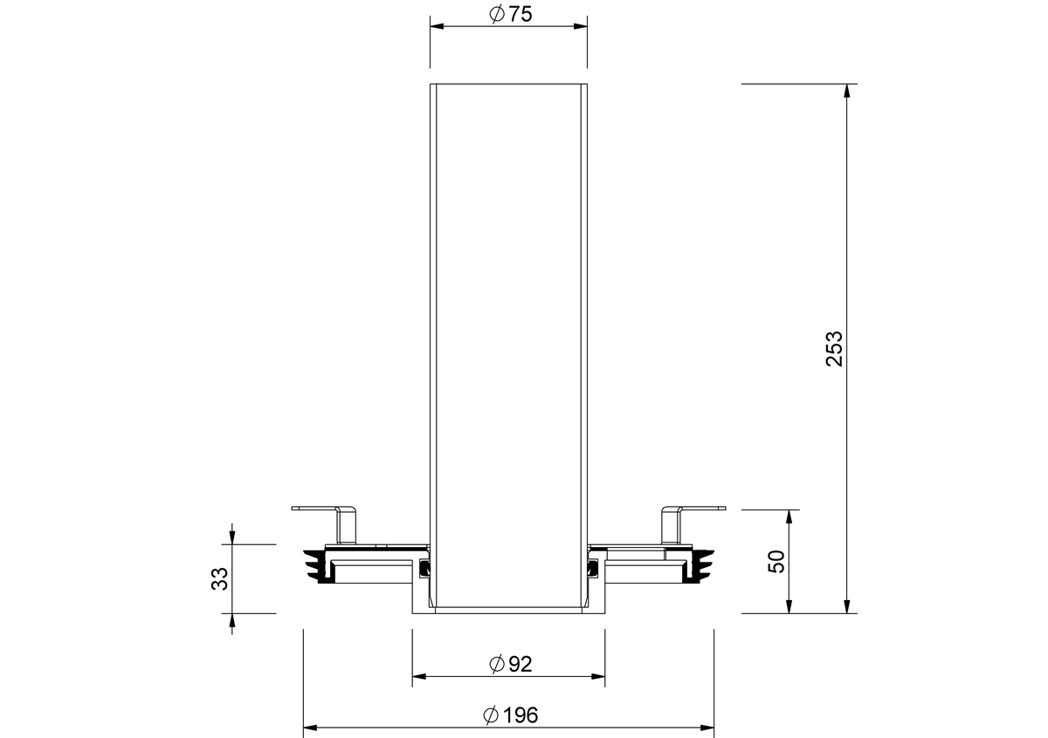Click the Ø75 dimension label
click(510, 14)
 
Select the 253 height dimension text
click(834, 349)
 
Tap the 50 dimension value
click(776, 561)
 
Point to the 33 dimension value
click(219, 578)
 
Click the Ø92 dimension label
click(510, 664)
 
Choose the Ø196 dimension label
click(510, 715)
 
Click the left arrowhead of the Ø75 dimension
click(437, 26)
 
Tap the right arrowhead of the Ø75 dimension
click(581, 26)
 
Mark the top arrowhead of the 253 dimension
click(847, 91)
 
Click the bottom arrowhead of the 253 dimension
click(847, 606)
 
